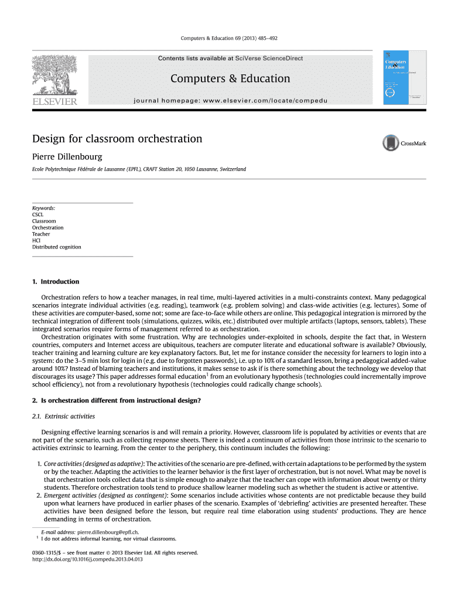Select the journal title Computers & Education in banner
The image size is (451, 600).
(x=230, y=79)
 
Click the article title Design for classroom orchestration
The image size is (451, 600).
(x=117, y=139)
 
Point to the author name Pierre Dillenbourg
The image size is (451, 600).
(x=67, y=156)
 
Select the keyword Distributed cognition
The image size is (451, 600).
(x=57, y=247)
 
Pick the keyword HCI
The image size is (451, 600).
(x=37, y=240)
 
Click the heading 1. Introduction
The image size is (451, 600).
(x=56, y=282)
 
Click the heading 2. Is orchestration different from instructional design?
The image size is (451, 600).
(x=117, y=401)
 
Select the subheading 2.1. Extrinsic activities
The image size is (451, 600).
(x=63, y=417)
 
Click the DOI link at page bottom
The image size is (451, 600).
(x=88, y=559)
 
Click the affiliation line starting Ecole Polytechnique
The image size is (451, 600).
(x=139, y=169)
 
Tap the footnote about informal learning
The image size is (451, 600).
(x=108, y=538)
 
